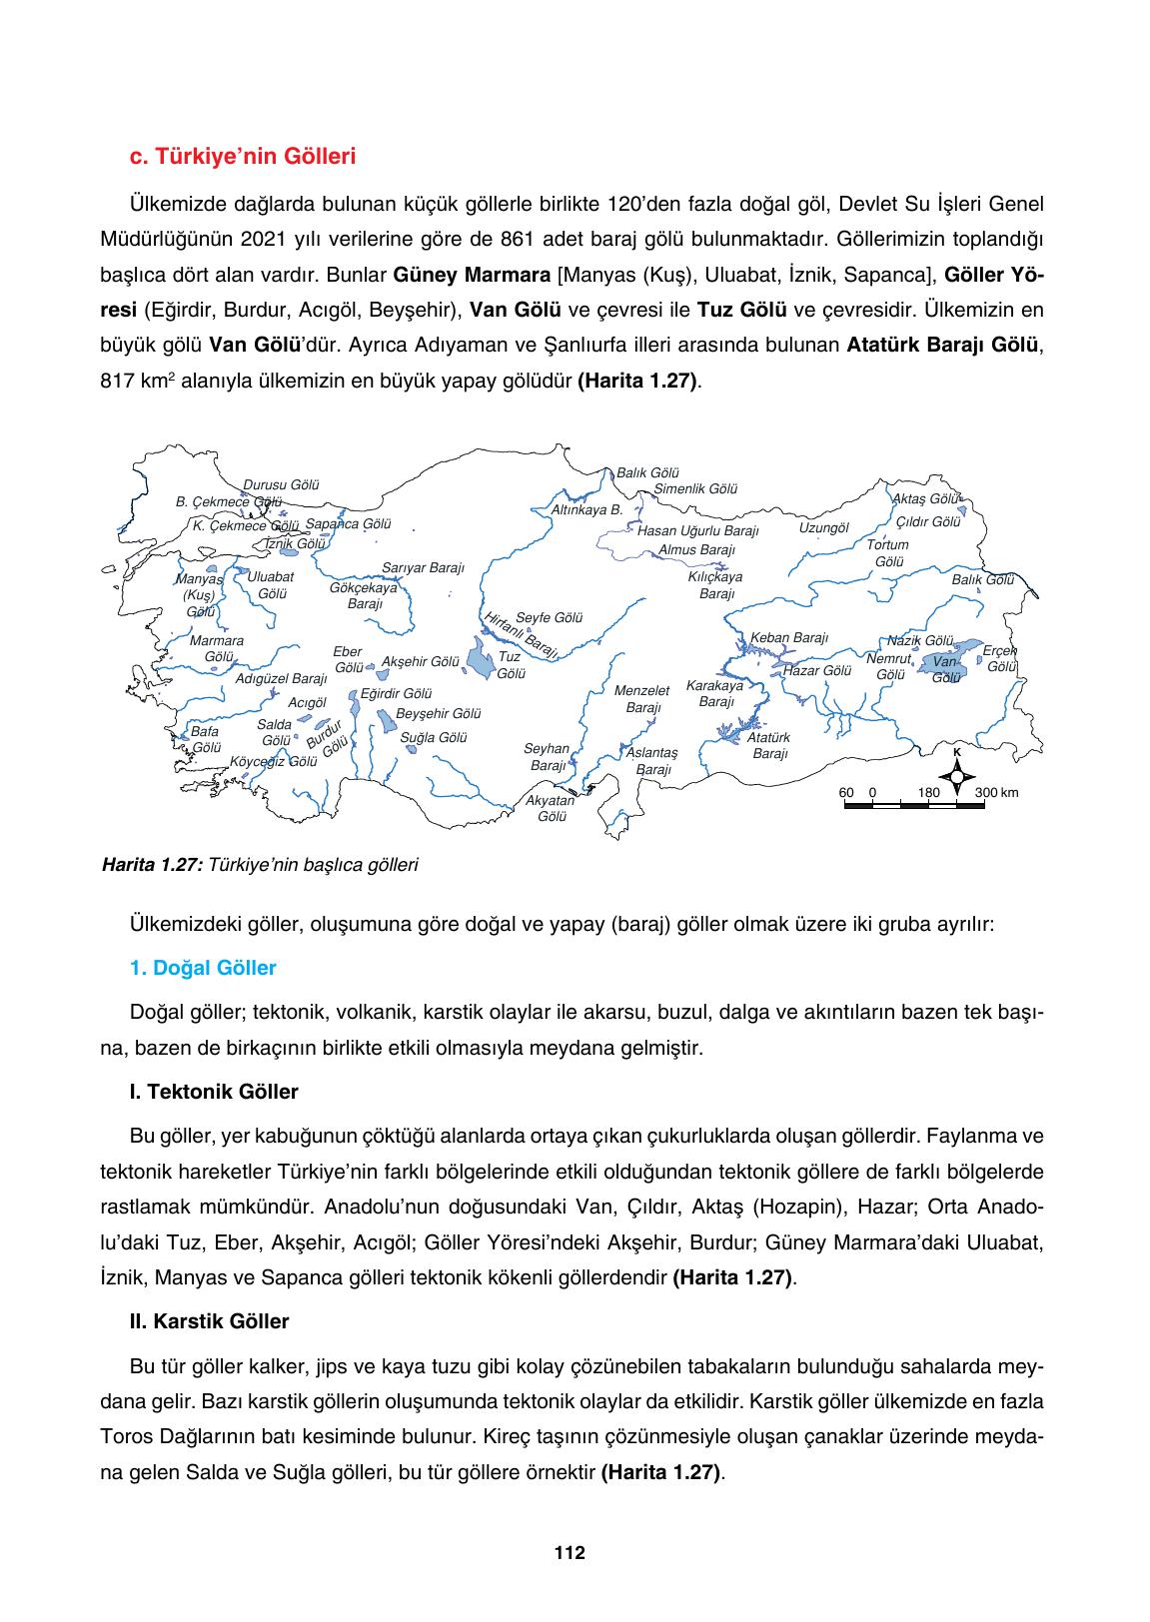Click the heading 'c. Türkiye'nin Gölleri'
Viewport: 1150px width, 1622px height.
click(x=243, y=157)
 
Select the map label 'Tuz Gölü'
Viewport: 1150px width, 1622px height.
click(x=510, y=665)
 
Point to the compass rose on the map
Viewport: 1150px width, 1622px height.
click(x=956, y=775)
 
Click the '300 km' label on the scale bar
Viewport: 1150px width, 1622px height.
click(x=996, y=793)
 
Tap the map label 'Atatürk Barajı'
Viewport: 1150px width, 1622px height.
click(x=769, y=745)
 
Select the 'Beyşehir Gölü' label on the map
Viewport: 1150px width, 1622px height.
click(x=439, y=714)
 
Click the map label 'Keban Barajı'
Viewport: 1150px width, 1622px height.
click(x=789, y=637)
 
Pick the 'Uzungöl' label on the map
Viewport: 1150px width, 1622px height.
click(x=823, y=527)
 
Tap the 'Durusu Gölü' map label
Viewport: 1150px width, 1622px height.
click(x=281, y=484)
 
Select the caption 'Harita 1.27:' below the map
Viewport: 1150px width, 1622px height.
click(x=153, y=865)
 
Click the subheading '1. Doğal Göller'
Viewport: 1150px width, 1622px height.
click(x=203, y=968)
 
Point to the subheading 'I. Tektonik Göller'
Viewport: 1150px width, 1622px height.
click(x=214, y=1092)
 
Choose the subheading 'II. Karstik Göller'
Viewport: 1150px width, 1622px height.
click(x=209, y=1321)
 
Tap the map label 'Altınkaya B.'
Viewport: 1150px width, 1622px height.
click(x=587, y=509)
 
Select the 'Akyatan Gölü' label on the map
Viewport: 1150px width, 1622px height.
click(x=551, y=808)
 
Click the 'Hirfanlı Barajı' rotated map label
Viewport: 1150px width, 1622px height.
click(x=521, y=635)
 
